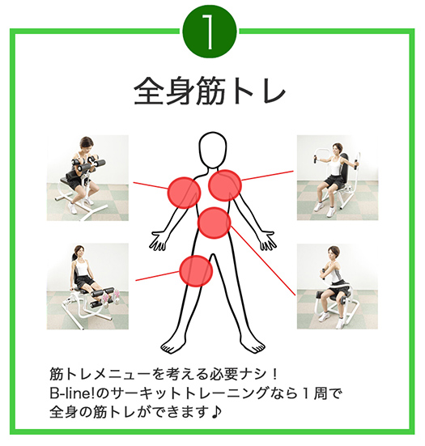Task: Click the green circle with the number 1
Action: point(210,32)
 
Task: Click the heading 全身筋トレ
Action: point(210,91)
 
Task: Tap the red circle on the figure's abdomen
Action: point(214,223)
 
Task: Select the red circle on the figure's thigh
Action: point(196,271)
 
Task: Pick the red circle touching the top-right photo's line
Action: point(225,185)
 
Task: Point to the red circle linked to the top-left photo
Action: point(185,193)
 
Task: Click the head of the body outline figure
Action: point(213,149)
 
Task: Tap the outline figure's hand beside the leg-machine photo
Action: point(157,241)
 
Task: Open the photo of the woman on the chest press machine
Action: point(338,177)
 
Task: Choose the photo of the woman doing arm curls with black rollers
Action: point(87,178)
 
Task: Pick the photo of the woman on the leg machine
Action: point(87,287)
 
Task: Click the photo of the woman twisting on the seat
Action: point(338,287)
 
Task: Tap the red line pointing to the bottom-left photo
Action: point(157,276)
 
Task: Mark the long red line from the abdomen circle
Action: point(263,261)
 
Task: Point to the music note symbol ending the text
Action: point(216,412)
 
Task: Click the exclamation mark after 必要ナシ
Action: point(274,375)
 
